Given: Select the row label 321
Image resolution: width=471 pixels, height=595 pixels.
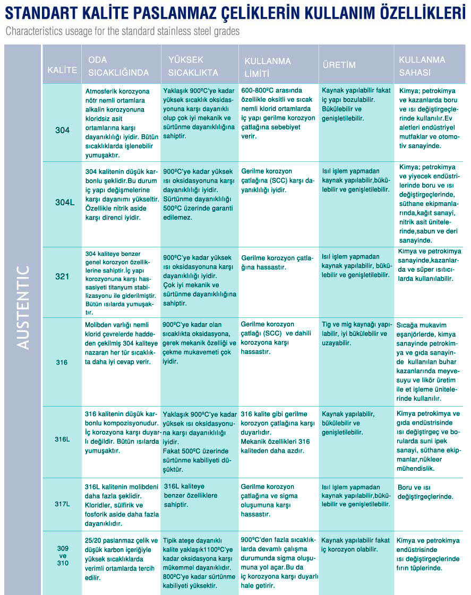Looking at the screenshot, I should click(63, 277).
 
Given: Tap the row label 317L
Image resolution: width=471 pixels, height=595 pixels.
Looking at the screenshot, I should click(62, 503).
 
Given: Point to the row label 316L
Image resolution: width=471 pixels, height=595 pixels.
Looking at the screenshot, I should click(62, 439).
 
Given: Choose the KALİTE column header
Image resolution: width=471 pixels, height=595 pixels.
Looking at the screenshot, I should click(62, 70).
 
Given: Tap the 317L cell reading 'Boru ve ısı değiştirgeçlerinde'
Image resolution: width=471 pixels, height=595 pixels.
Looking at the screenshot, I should click(425, 491).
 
